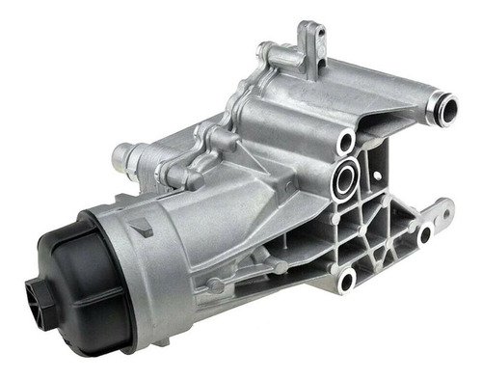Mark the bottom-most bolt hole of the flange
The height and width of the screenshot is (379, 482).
coord(347,279)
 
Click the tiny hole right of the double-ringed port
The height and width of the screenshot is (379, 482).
coord(376,176)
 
